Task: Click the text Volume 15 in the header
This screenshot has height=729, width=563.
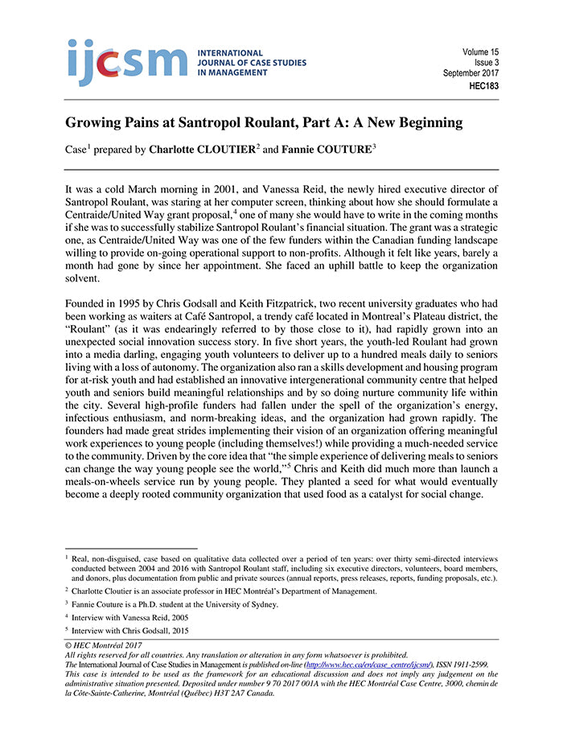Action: [480, 51]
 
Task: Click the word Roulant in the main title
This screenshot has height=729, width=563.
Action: [284, 123]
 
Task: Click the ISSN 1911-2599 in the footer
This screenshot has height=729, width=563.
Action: [462, 665]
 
